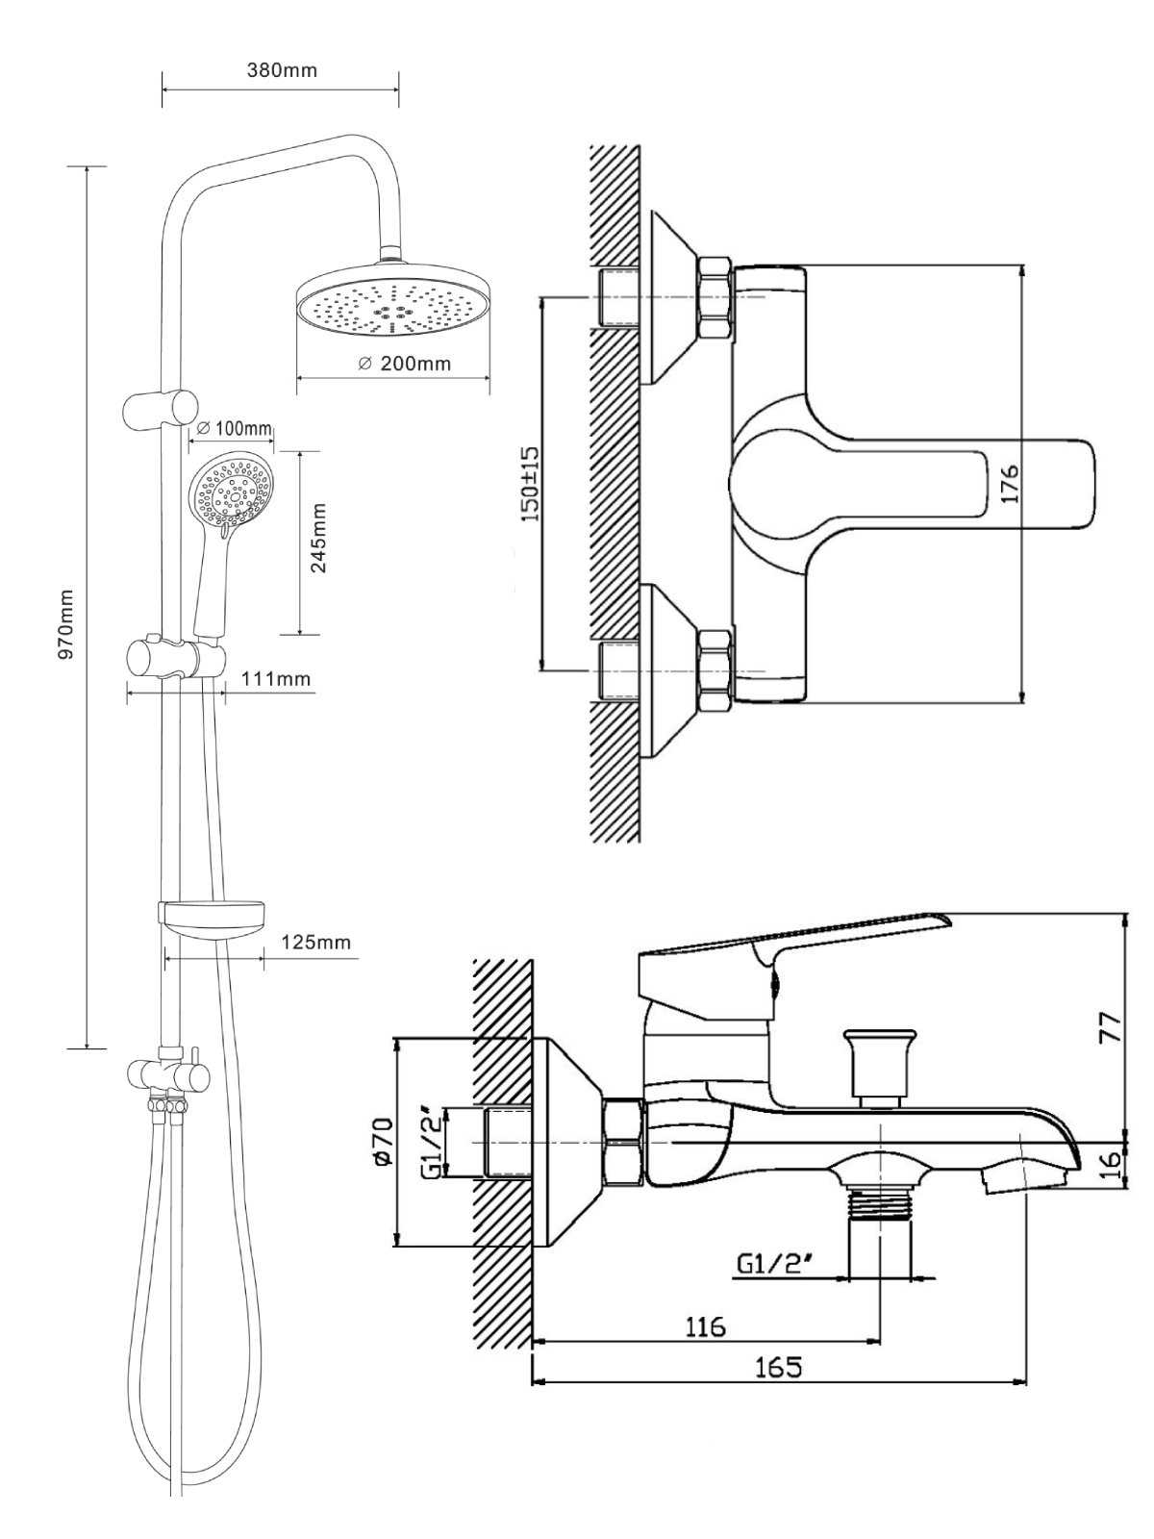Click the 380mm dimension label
pyautogui.click(x=282, y=70)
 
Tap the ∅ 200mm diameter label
pyautogui.click(x=404, y=364)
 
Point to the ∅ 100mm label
pyautogui.click(x=235, y=428)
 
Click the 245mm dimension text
pyautogui.click(x=319, y=538)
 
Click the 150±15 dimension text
pyautogui.click(x=527, y=482)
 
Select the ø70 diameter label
pyautogui.click(x=382, y=1143)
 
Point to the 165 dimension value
pyautogui.click(x=778, y=1367)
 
